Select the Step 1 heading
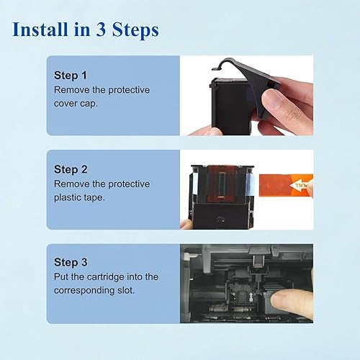(x=70, y=75)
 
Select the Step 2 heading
(x=70, y=169)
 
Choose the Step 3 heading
(x=70, y=264)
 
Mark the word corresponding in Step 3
(x=86, y=292)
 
